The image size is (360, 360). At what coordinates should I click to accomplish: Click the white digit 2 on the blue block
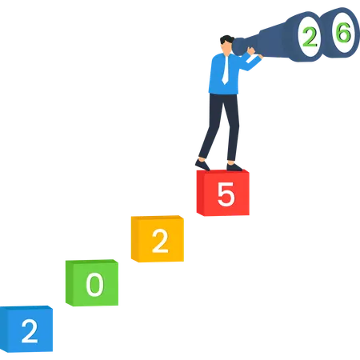(30, 331)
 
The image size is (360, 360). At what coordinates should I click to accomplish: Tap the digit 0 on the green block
(94, 285)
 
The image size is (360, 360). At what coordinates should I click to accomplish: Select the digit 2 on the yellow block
(160, 242)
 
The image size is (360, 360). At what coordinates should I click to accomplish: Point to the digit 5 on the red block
(226, 194)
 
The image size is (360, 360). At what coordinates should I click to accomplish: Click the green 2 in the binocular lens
(310, 37)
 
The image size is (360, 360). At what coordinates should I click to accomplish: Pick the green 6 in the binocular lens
(343, 32)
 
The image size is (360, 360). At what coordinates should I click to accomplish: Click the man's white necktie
(226, 70)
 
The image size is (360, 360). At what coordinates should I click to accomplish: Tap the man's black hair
(226, 39)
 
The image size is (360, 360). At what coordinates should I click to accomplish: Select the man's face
(226, 49)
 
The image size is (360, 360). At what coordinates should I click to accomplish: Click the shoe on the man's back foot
(202, 165)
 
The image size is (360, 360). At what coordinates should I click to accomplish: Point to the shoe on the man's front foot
(234, 167)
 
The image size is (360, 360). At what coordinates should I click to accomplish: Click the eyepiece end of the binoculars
(238, 46)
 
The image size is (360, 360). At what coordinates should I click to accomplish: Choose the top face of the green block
(92, 262)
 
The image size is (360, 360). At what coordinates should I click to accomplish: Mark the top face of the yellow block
(158, 218)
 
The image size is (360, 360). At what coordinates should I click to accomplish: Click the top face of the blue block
(26, 308)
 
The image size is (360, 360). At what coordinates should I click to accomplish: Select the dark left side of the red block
(200, 193)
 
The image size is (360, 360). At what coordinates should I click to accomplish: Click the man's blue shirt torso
(224, 74)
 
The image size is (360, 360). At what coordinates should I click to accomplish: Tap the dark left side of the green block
(70, 283)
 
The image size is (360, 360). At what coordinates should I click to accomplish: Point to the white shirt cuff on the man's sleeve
(250, 59)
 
